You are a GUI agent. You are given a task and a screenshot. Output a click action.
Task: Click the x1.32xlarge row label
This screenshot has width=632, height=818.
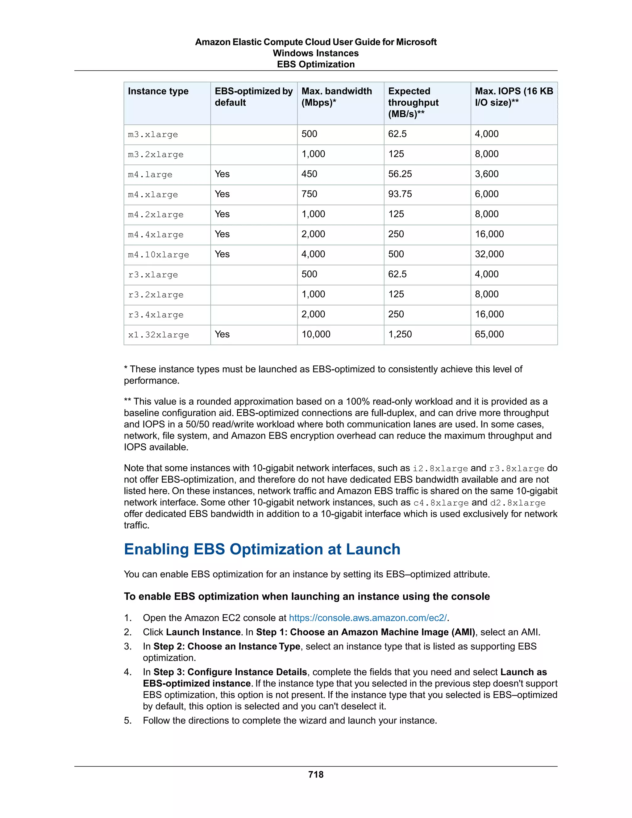tap(158, 335)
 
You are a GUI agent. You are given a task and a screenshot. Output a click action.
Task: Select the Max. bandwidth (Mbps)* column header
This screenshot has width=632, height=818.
tap(336, 97)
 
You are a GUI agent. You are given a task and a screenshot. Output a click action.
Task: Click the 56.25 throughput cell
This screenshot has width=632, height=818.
tap(400, 174)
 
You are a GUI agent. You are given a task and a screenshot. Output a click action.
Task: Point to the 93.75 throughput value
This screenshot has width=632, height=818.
tap(400, 194)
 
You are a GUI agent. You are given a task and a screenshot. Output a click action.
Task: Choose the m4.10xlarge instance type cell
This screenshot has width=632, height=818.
tap(158, 255)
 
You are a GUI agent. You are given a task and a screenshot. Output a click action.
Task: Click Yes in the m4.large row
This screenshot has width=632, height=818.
tap(222, 174)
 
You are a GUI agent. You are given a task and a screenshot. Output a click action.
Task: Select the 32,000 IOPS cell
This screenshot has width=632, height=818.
tap(489, 254)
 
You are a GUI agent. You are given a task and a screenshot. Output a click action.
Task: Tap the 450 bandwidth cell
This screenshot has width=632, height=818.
tap(309, 174)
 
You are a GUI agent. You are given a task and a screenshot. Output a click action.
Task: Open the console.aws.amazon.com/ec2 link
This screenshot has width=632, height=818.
tap(368, 618)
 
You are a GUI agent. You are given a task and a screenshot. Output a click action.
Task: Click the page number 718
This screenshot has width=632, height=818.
tap(316, 774)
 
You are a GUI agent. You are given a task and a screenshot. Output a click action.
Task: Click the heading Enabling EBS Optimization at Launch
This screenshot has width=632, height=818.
tap(262, 549)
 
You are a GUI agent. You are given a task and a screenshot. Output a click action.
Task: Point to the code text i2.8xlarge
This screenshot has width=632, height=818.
tap(440, 469)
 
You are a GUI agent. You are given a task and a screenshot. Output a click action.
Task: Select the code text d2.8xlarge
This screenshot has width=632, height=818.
tap(518, 503)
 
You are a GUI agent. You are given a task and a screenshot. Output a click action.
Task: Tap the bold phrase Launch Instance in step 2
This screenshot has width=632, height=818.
tap(203, 632)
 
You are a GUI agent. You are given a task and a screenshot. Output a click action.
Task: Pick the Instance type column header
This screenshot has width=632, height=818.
tap(158, 91)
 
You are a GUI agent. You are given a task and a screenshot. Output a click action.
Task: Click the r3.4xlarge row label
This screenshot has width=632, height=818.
tap(156, 315)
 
